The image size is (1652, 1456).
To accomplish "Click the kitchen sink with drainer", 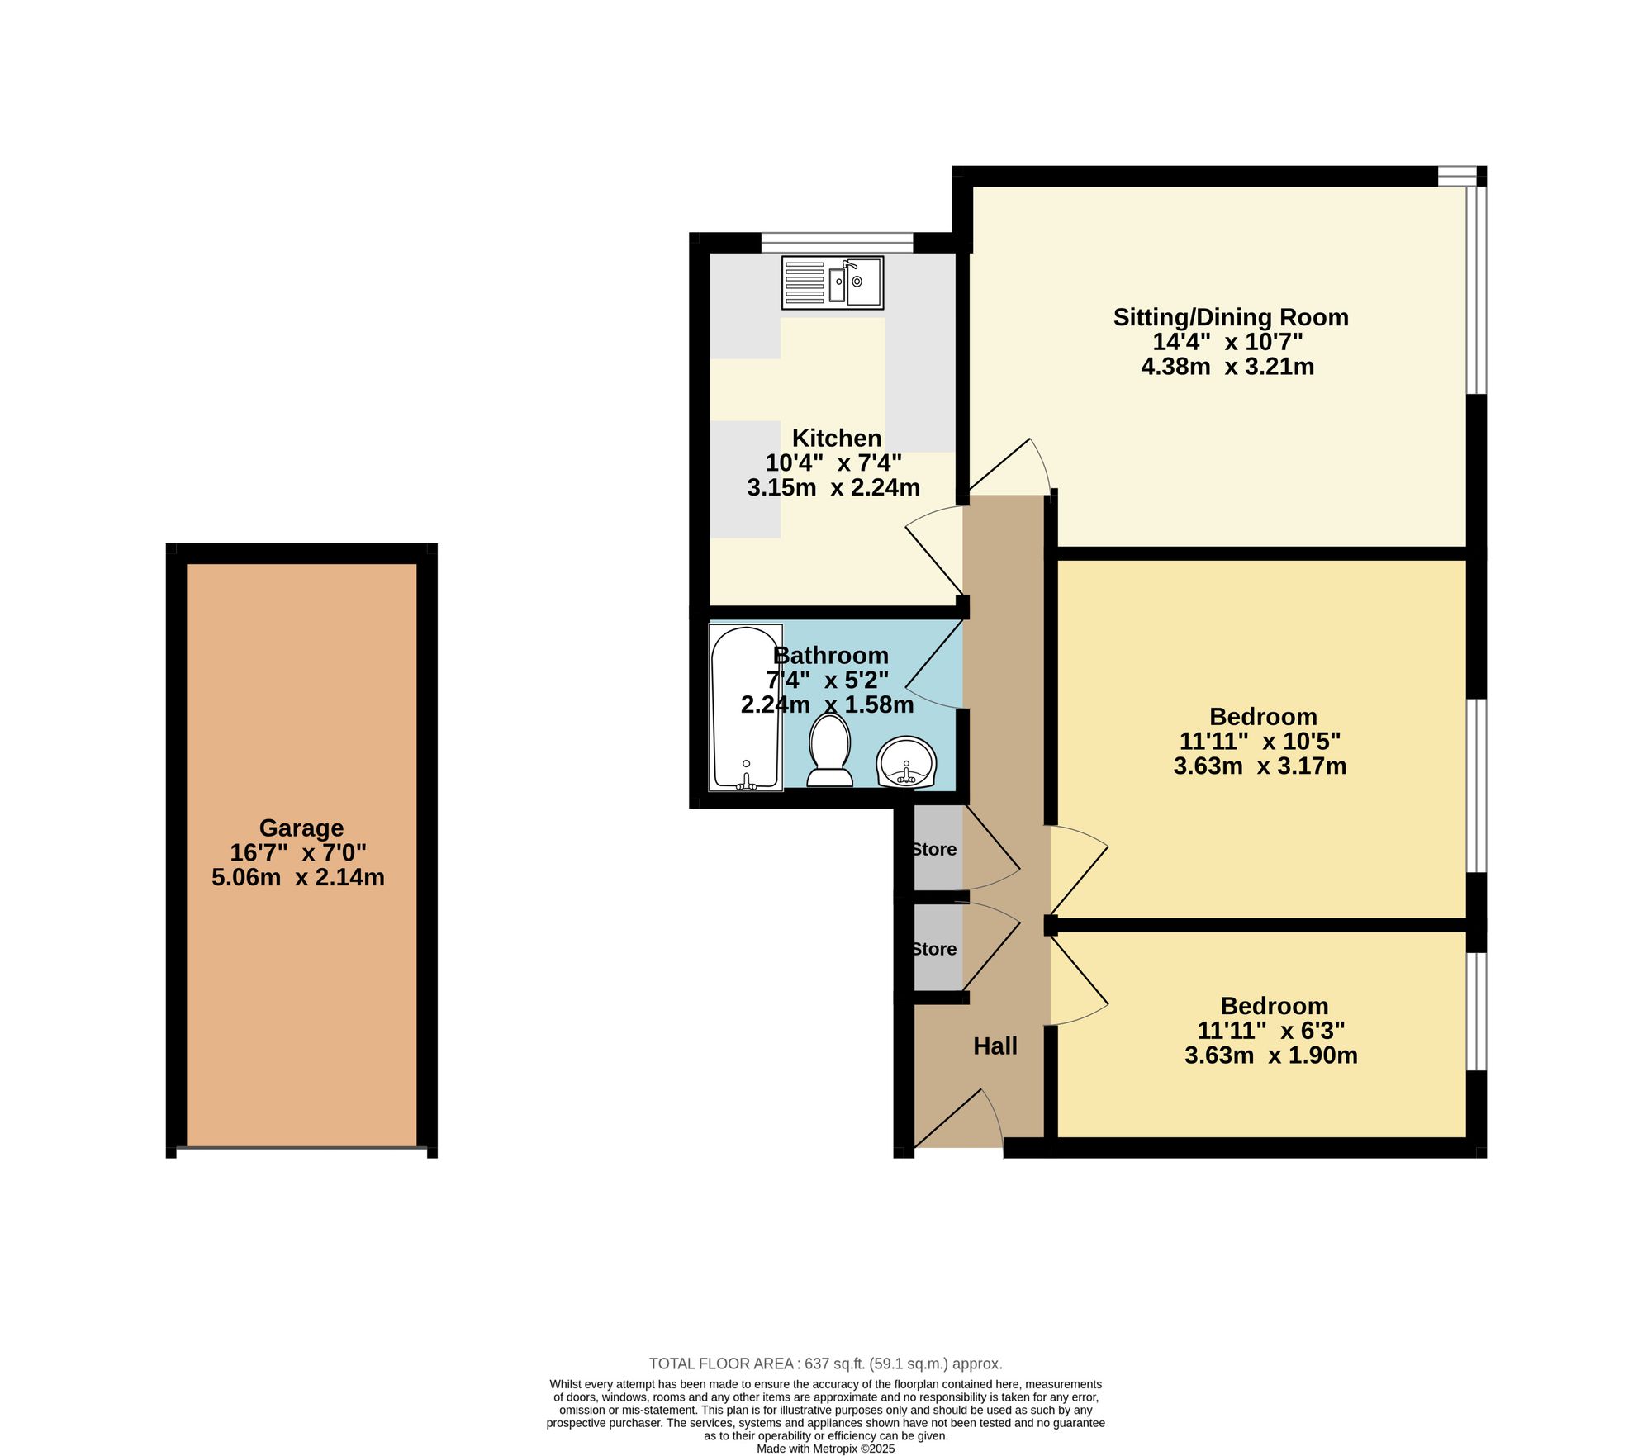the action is tap(833, 282).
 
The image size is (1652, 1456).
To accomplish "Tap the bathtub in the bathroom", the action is tap(746, 707).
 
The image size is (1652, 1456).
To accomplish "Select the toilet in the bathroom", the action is tap(830, 750).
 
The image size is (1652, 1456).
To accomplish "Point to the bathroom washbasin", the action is tap(906, 761).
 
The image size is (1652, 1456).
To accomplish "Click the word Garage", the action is tap(301, 828).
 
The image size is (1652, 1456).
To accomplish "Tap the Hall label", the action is tap(995, 1046).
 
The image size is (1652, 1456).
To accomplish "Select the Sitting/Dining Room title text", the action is tap(1231, 317).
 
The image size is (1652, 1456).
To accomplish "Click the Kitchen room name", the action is tap(837, 438).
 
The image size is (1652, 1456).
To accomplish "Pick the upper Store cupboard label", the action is tap(934, 849).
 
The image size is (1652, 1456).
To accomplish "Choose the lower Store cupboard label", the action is tap(934, 949).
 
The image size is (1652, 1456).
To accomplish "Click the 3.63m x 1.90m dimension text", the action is tap(1271, 1055).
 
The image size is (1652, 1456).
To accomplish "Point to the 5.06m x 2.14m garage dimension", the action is tap(298, 877).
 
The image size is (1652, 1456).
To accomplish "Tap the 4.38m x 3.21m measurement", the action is tap(1227, 367).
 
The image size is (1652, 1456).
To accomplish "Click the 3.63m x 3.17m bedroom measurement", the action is tap(1260, 766).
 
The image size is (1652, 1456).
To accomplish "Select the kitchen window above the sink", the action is tap(838, 242).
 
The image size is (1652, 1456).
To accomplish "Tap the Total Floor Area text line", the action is tap(826, 1364).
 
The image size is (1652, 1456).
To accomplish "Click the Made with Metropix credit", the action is tap(826, 1448).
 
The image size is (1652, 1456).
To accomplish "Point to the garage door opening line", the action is tap(301, 1147).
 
